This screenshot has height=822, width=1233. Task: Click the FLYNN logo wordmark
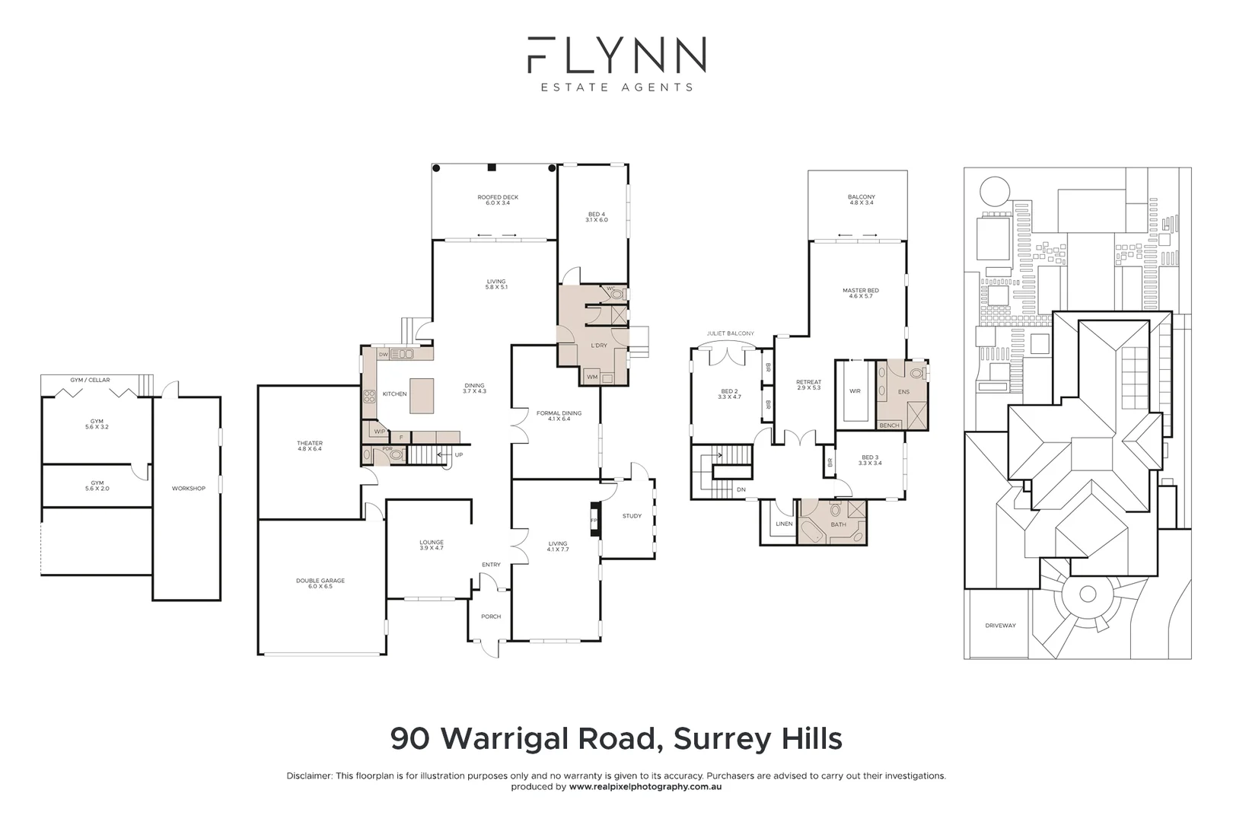click(616, 55)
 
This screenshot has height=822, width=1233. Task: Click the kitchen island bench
click(422, 396)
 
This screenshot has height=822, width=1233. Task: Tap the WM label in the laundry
click(591, 378)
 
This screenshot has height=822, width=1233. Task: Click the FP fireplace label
click(594, 521)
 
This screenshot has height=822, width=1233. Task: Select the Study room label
click(632, 516)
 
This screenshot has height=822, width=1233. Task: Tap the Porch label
click(491, 616)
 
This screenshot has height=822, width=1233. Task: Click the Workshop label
click(188, 489)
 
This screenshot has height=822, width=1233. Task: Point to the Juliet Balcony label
click(731, 333)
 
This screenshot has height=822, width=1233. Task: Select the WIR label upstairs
click(855, 391)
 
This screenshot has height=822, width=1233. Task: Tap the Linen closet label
click(784, 524)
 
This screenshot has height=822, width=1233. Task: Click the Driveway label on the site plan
click(1000, 626)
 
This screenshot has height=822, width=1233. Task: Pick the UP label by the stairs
click(458, 455)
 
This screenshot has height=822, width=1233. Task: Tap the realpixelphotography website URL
click(645, 787)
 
